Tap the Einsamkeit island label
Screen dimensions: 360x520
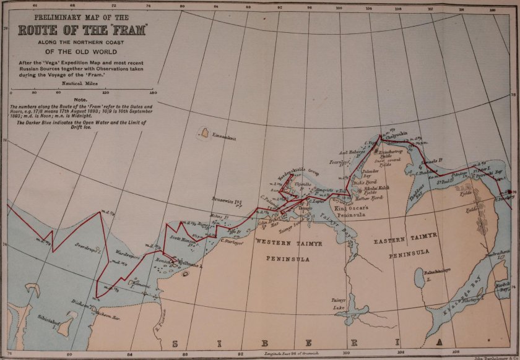(x=224, y=135)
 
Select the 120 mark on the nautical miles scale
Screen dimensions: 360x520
(x=105, y=92)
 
